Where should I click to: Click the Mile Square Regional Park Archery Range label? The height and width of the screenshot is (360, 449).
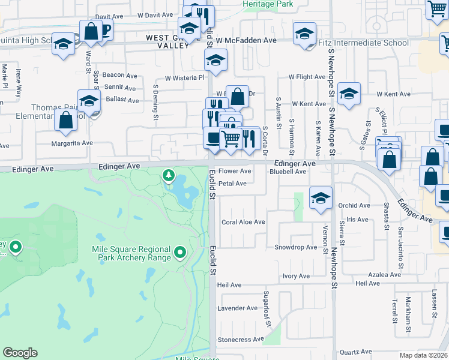point(131,253)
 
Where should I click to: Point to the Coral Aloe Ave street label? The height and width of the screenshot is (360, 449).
point(243,222)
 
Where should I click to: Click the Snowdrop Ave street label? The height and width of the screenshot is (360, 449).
point(295,247)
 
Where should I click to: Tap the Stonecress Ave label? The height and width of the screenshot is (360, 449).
point(241,339)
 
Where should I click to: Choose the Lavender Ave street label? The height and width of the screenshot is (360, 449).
point(237,308)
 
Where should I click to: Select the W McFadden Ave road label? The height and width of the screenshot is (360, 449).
point(246,40)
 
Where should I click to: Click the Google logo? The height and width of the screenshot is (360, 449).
point(20,353)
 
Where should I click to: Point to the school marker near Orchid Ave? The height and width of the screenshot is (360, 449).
point(321,198)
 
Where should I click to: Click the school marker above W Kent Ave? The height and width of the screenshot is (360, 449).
point(348,94)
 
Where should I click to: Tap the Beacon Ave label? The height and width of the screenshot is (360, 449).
point(120,75)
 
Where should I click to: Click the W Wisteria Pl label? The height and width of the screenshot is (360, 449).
point(185,77)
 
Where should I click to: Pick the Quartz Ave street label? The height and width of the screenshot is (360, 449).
point(356,352)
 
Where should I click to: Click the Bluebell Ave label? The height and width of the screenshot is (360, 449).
point(288,172)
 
